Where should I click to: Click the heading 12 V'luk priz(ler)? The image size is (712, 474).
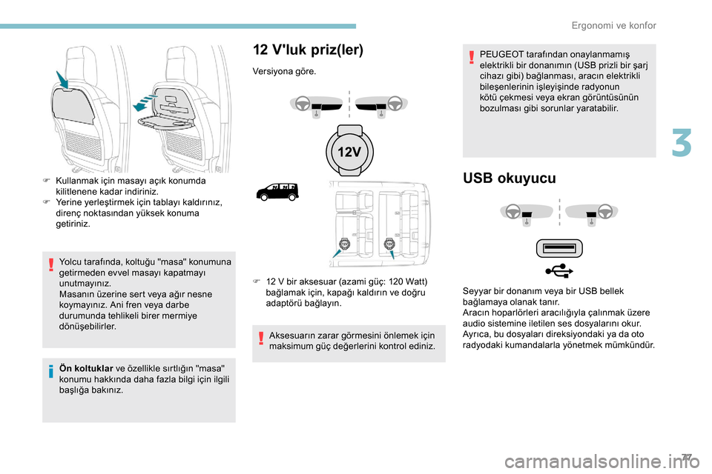click(308, 50)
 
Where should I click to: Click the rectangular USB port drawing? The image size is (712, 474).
click(560, 247)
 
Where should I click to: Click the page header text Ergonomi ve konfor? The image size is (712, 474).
click(614, 25)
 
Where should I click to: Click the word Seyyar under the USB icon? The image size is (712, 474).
click(475, 292)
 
